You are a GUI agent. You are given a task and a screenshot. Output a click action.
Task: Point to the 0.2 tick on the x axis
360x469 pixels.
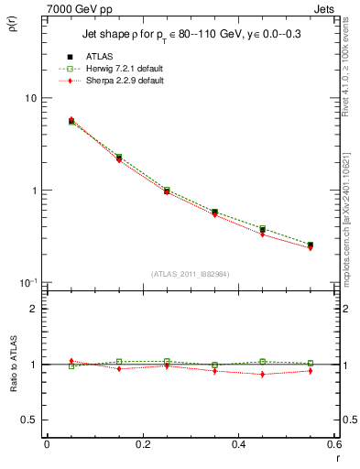coord(142,445)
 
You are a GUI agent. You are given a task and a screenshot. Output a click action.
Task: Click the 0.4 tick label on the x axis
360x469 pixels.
coord(238,445)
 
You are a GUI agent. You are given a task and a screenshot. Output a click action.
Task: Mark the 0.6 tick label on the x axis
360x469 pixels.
coord(333,445)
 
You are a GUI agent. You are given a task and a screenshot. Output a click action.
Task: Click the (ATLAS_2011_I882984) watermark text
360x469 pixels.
coord(190,272)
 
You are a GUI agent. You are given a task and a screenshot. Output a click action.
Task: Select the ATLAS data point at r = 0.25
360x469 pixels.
coord(167,191)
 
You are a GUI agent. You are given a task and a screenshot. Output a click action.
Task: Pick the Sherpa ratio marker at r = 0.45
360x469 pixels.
coord(262,374)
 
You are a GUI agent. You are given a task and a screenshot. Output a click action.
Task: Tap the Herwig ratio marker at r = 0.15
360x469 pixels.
coord(119,362)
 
